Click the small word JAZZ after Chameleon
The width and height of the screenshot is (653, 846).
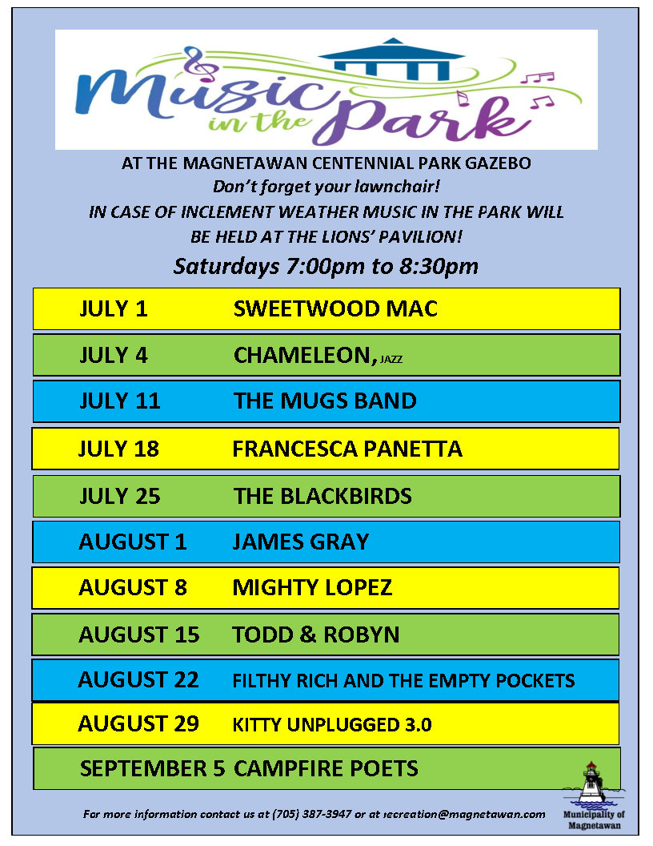(x=391, y=360)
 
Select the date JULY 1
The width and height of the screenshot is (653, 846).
(x=113, y=308)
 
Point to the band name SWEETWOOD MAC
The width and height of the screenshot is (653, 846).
(x=335, y=308)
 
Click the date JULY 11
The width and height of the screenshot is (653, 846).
(x=119, y=401)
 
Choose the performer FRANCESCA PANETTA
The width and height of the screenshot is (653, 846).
(x=347, y=449)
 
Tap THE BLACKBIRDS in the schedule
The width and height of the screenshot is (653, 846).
(x=322, y=497)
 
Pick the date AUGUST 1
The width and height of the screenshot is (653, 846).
(x=133, y=542)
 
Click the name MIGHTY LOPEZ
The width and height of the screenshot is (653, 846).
(x=312, y=587)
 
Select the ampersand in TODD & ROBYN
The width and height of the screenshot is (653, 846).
(x=308, y=634)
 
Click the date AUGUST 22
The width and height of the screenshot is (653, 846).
(x=138, y=680)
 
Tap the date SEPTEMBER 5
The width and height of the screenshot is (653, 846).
(x=153, y=768)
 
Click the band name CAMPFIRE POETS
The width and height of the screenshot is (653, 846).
(x=326, y=768)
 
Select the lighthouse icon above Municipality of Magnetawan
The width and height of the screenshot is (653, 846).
(x=593, y=783)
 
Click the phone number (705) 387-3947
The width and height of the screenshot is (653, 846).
(x=312, y=814)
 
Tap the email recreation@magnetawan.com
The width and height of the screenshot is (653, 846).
(x=464, y=814)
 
